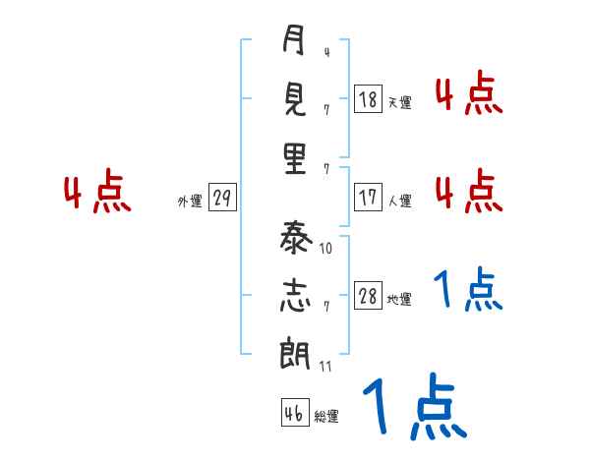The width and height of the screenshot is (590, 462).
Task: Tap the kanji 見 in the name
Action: pyautogui.click(x=294, y=100)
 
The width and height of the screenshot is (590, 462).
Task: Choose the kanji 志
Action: pyautogui.click(x=294, y=295)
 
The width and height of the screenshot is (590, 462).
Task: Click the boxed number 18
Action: pyautogui.click(x=368, y=99)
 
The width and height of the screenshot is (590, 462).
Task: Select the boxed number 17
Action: pyautogui.click(x=368, y=197)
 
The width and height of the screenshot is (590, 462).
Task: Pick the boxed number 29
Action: pyautogui.click(x=222, y=199)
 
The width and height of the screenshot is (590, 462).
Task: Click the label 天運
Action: pyautogui.click(x=399, y=102)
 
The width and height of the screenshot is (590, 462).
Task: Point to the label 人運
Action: pyautogui.click(x=399, y=201)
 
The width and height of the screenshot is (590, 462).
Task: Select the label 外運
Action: pyautogui.click(x=190, y=201)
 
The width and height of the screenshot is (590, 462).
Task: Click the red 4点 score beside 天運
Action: pyautogui.click(x=468, y=94)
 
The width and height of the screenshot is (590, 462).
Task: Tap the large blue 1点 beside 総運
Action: pyautogui.click(x=414, y=407)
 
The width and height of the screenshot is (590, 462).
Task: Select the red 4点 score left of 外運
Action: pyautogui.click(x=97, y=193)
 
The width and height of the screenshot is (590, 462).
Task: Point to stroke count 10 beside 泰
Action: pyautogui.click(x=326, y=249)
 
